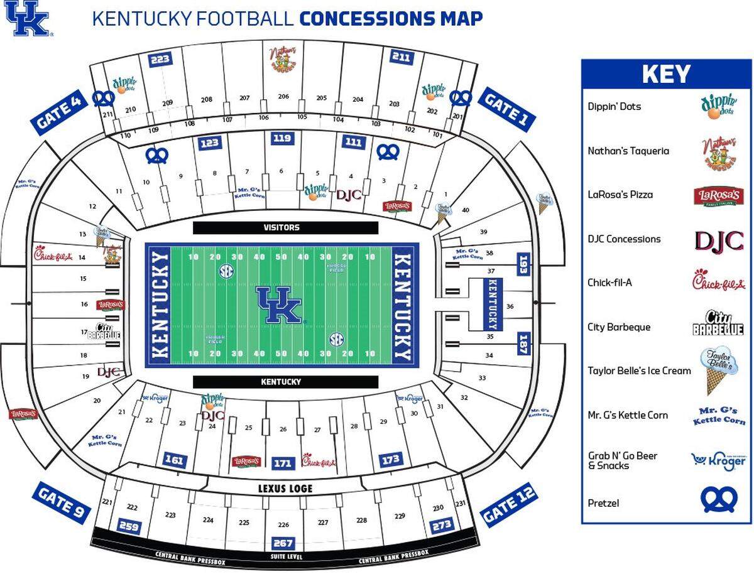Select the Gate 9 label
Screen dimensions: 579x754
click(x=60, y=502)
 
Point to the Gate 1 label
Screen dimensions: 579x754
click(x=506, y=109)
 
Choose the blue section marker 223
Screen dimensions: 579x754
click(x=160, y=60)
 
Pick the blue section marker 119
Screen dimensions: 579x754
click(x=283, y=139)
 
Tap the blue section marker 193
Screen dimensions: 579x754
click(x=523, y=264)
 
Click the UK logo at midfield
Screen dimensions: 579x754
click(x=281, y=305)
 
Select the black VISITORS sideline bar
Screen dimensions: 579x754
click(x=285, y=228)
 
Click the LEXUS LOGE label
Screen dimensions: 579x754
click(x=285, y=489)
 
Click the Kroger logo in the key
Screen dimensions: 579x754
click(x=718, y=460)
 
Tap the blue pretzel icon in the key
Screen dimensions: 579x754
click(x=719, y=500)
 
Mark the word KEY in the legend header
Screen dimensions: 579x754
click(x=665, y=75)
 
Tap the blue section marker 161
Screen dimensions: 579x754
click(x=174, y=460)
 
